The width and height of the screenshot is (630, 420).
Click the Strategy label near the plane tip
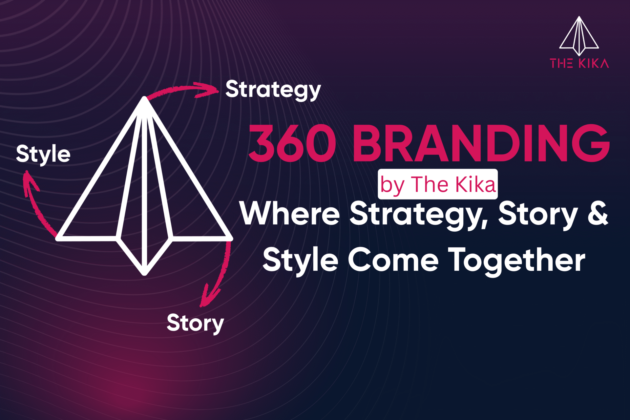click(273, 90)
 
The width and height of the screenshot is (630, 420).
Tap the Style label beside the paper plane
click(43, 154)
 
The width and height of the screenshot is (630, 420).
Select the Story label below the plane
click(195, 323)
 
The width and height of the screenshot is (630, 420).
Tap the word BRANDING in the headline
click(481, 144)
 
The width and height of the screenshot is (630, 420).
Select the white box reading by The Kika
click(438, 184)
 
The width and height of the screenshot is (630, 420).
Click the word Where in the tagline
click(290, 214)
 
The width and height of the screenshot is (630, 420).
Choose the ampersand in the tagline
click(598, 214)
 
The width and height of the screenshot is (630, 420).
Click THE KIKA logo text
click(579, 63)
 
